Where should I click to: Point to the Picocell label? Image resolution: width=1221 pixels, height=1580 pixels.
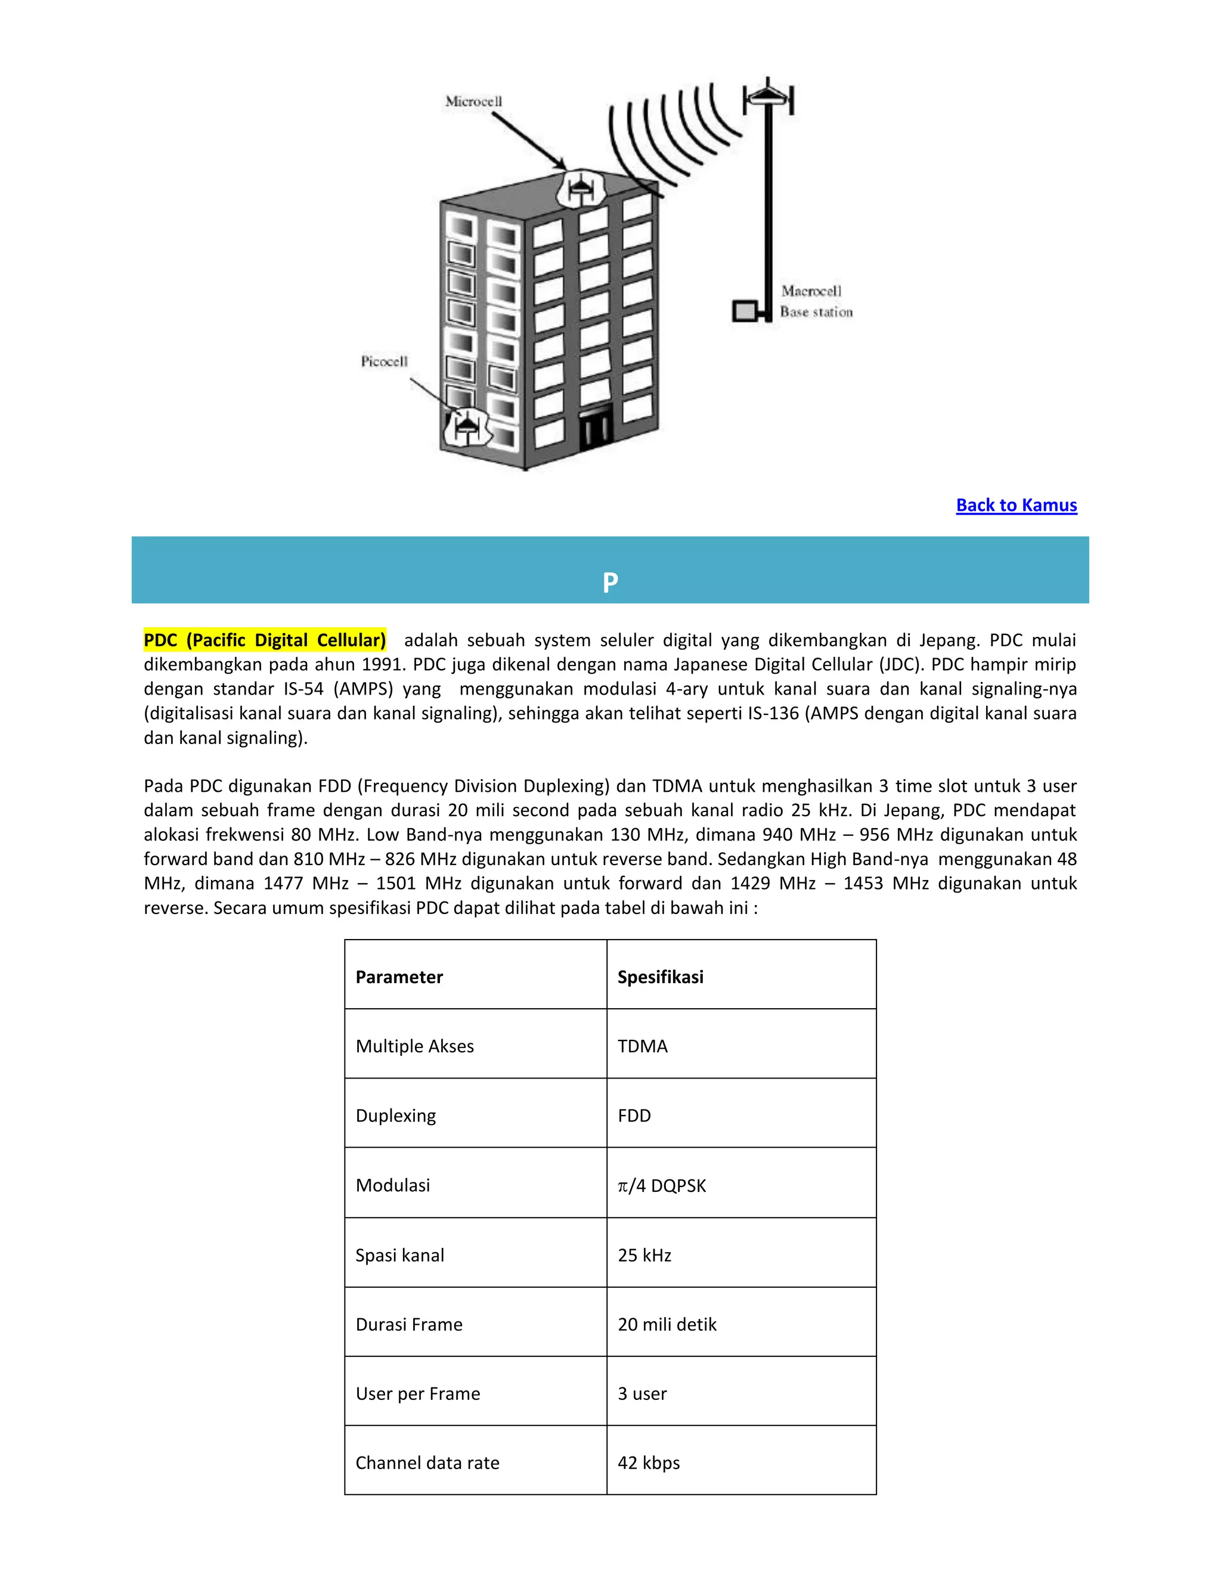coord(384,361)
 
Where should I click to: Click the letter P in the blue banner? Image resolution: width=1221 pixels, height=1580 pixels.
coord(610,583)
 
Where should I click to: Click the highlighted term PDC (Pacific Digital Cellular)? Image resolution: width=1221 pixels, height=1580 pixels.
coord(265,640)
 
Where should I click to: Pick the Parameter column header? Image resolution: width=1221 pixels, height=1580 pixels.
coord(399,977)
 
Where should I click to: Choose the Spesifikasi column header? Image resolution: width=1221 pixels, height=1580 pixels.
coord(660,977)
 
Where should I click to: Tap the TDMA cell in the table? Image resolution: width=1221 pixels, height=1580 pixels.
coord(642,1046)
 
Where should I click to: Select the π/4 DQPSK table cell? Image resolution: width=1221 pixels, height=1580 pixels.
coord(661,1186)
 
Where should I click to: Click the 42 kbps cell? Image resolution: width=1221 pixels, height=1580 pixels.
coord(648,1463)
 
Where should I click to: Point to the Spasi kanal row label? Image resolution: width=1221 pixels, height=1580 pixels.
coord(399,1255)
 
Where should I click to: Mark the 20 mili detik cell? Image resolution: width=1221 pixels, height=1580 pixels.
coord(666,1325)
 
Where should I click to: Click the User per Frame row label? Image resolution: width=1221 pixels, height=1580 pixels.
coord(417,1394)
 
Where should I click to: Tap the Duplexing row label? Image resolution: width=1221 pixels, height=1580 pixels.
coord(396,1116)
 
